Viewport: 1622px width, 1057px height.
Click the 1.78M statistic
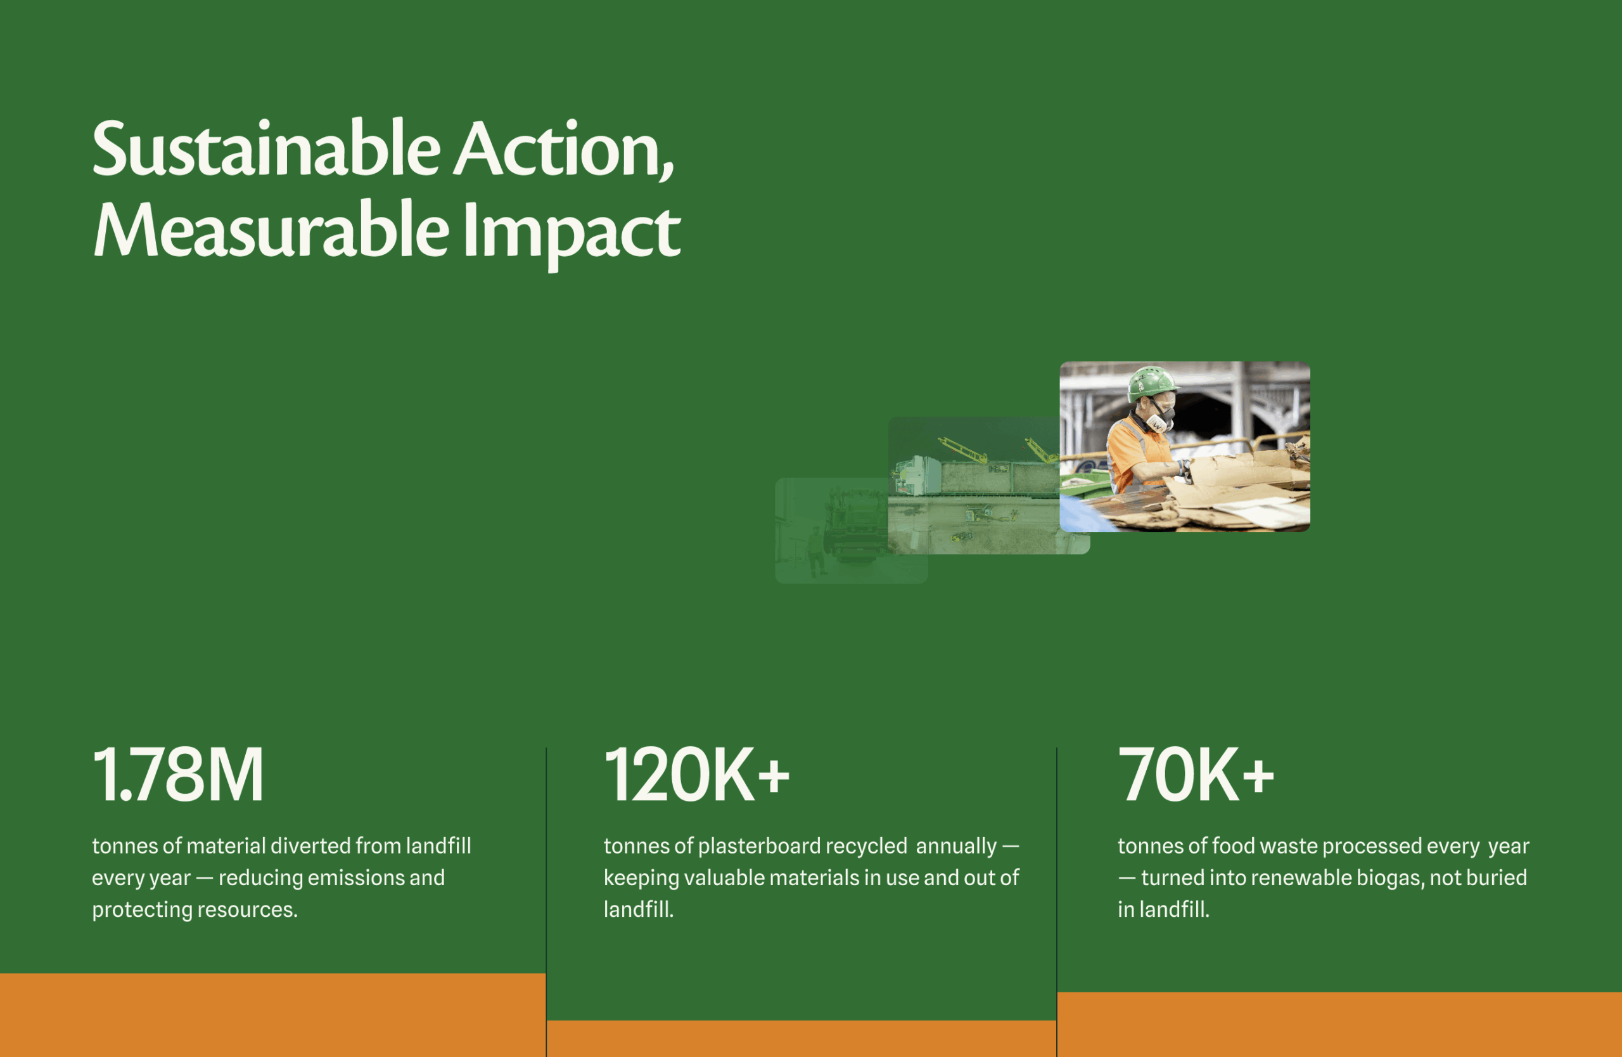pos(178,775)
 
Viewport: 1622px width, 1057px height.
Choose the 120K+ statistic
pos(696,775)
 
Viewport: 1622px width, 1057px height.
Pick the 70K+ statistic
pos(1196,775)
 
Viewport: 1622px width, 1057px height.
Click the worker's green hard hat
pos(1153,383)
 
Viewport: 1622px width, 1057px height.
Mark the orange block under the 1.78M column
pos(272,1015)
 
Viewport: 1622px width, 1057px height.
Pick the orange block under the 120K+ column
pos(801,1039)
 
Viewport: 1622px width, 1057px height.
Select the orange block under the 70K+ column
pos(1339,1024)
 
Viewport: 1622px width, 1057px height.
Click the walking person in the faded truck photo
pos(815,550)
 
